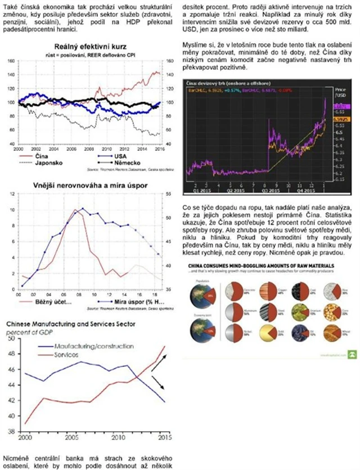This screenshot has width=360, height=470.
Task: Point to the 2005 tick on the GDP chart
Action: pyautogui.click(x=71, y=437)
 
